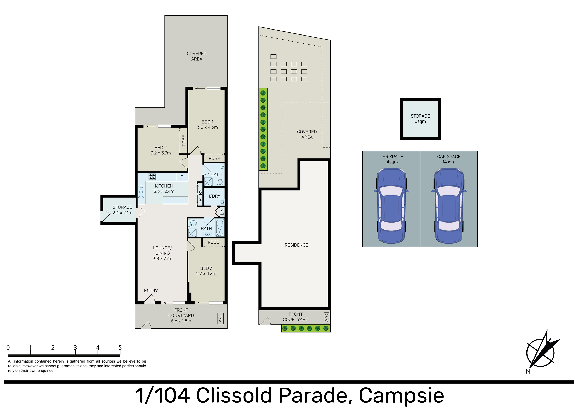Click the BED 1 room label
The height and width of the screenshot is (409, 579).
207,122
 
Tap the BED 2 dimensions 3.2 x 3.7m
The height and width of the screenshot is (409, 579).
161,153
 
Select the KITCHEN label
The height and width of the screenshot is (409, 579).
164,186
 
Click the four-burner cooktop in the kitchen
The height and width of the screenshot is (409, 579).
152,177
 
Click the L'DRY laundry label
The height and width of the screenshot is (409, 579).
215,196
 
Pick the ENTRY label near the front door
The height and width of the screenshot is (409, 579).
151,291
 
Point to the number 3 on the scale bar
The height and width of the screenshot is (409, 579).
75,347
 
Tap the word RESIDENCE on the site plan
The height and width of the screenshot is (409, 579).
296,245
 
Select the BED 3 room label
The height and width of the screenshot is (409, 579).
206,268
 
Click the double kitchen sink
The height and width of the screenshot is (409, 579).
141,192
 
